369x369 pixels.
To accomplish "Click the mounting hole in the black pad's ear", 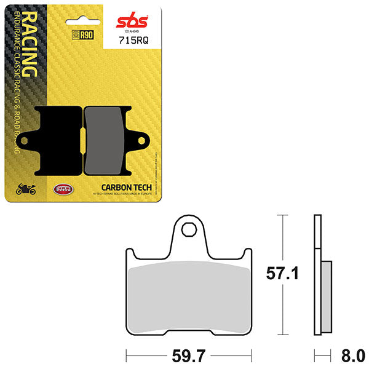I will pyautogui.click(x=26, y=141).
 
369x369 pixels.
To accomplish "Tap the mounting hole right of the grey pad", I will pyautogui.click(x=141, y=141).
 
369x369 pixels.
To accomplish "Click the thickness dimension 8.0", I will pyautogui.click(x=353, y=355).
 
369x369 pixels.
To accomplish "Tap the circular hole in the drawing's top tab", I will pyautogui.click(x=189, y=231).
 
